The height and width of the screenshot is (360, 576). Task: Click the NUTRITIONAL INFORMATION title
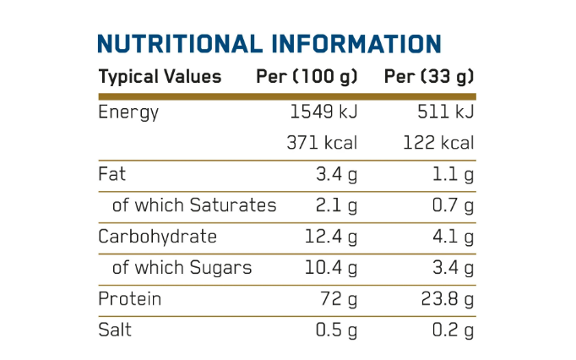[269, 44]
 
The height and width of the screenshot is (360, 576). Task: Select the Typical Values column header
[160, 77]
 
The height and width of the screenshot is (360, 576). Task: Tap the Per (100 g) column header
[307, 77]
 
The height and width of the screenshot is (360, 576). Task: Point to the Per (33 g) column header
[429, 77]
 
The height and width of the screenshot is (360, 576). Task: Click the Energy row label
[128, 112]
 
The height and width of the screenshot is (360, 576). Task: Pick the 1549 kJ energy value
[323, 112]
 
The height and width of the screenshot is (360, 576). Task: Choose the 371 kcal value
[323, 143]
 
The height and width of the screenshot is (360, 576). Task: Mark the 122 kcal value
[437, 143]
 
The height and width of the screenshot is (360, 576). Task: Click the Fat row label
[112, 175]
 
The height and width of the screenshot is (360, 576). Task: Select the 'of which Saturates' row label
[193, 205]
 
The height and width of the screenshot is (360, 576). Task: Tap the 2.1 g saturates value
[336, 205]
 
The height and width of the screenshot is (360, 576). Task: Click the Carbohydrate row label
[157, 237]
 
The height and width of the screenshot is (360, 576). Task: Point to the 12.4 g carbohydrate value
[331, 237]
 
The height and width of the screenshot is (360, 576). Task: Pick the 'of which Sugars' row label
[182, 268]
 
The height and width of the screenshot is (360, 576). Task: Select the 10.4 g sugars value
[331, 268]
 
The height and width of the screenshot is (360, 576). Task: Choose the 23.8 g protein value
[446, 299]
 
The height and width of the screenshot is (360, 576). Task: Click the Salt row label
[115, 330]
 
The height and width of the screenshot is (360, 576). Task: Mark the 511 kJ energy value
[445, 112]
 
